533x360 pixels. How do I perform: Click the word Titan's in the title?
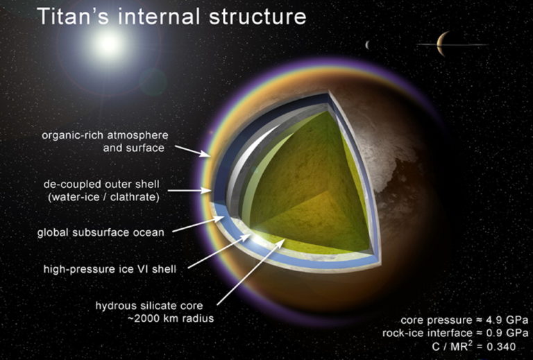(65, 17)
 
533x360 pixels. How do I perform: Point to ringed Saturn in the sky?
(442, 45)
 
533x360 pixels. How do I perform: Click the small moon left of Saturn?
(367, 46)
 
